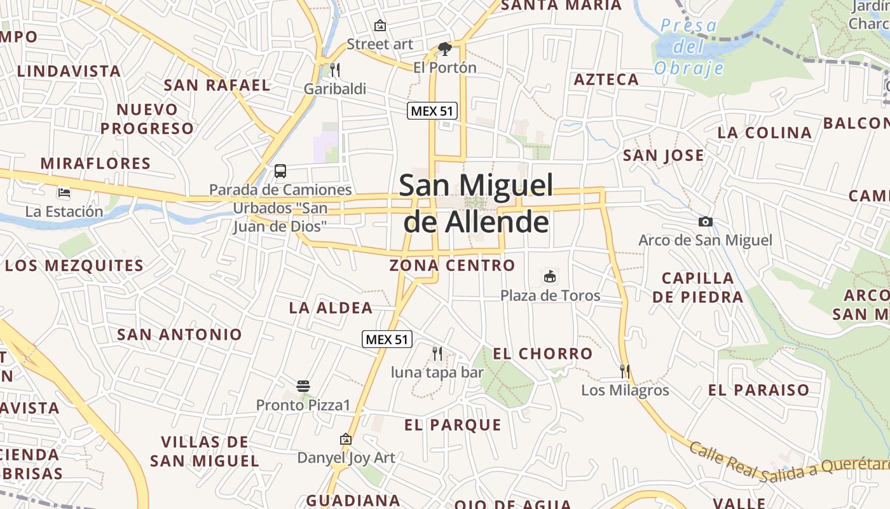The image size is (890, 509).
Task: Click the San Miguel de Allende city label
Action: point(476,204)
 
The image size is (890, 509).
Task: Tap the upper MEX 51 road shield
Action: point(432,111)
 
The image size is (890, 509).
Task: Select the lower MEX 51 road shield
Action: point(387,339)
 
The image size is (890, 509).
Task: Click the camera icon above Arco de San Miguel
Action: point(705,221)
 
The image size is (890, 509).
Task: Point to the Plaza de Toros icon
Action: point(550,277)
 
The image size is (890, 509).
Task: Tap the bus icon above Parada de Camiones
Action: point(280,171)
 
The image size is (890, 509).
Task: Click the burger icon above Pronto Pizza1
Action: point(303,386)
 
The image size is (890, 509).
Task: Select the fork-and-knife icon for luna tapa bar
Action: point(437,353)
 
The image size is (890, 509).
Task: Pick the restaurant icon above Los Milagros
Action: point(625,371)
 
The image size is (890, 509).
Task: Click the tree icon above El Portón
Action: point(444,48)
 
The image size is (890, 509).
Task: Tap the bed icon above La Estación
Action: point(64,192)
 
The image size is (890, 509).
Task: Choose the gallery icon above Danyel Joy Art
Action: point(346,439)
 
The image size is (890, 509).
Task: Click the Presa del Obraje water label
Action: point(689,46)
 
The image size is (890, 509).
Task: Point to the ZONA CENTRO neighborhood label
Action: point(452,265)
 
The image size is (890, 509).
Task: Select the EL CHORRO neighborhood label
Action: point(542,354)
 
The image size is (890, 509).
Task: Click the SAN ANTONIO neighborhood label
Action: point(179,334)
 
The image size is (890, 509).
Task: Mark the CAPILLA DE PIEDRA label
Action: point(697,288)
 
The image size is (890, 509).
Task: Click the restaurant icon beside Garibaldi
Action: point(335,69)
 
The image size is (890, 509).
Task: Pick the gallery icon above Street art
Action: point(380,25)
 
